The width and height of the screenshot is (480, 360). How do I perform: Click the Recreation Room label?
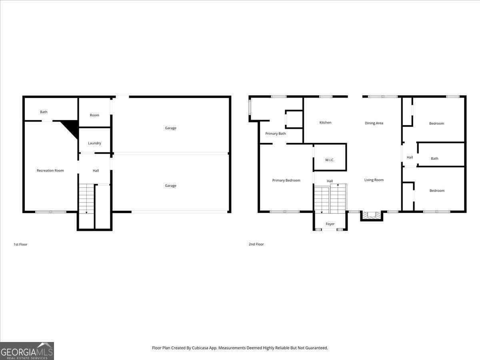[50, 171]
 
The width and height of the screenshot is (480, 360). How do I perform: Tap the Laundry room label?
[94, 143]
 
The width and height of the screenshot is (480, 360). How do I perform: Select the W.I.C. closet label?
[330, 160]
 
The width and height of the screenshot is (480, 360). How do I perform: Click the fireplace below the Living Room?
[372, 215]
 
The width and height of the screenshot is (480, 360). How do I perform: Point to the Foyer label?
[330, 224]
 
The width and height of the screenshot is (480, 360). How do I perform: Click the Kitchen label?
[325, 123]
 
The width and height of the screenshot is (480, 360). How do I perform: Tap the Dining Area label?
[374, 123]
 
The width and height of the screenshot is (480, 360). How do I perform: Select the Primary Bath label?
[276, 134]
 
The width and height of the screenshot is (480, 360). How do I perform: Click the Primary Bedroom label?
[286, 180]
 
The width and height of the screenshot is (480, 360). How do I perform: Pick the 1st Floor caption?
[20, 244]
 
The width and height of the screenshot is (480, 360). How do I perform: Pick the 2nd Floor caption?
[256, 244]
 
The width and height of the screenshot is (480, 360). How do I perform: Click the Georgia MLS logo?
[27, 351]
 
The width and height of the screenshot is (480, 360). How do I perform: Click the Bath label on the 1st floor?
[44, 112]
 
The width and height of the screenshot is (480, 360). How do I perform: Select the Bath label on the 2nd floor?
[434, 159]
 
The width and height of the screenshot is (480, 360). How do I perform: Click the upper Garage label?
[170, 128]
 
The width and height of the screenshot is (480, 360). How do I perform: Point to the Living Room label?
[374, 180]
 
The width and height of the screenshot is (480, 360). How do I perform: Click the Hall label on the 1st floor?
[96, 171]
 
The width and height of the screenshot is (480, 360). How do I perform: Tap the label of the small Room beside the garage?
[94, 115]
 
